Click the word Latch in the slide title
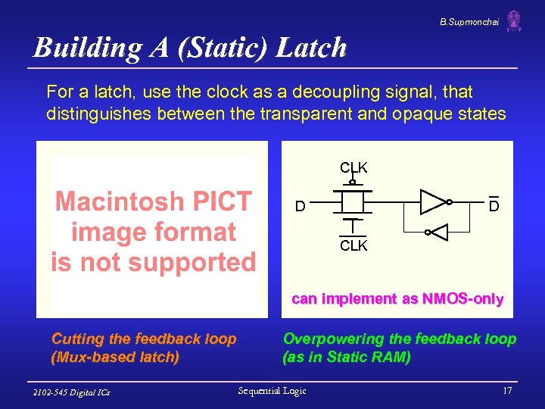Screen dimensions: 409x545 (311, 48)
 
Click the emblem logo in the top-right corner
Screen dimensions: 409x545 (514, 20)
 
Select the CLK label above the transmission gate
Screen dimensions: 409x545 (353, 167)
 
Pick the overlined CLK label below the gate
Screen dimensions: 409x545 (353, 245)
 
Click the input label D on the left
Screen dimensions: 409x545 (301, 206)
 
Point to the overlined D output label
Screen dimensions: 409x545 (493, 206)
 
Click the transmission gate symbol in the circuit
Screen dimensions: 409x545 (353, 203)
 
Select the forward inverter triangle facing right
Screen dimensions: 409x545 (434, 201)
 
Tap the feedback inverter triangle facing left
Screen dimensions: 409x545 (438, 233)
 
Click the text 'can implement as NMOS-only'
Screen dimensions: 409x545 (397, 299)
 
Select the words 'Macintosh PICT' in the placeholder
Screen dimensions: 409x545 (153, 201)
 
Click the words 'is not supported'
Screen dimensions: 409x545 (153, 262)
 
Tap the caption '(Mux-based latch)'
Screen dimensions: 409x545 (115, 357)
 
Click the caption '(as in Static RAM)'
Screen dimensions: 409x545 (347, 357)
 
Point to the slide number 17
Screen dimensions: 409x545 (507, 391)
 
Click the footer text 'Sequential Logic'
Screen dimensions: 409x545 (272, 391)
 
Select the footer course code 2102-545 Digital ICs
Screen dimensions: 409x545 (72, 392)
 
